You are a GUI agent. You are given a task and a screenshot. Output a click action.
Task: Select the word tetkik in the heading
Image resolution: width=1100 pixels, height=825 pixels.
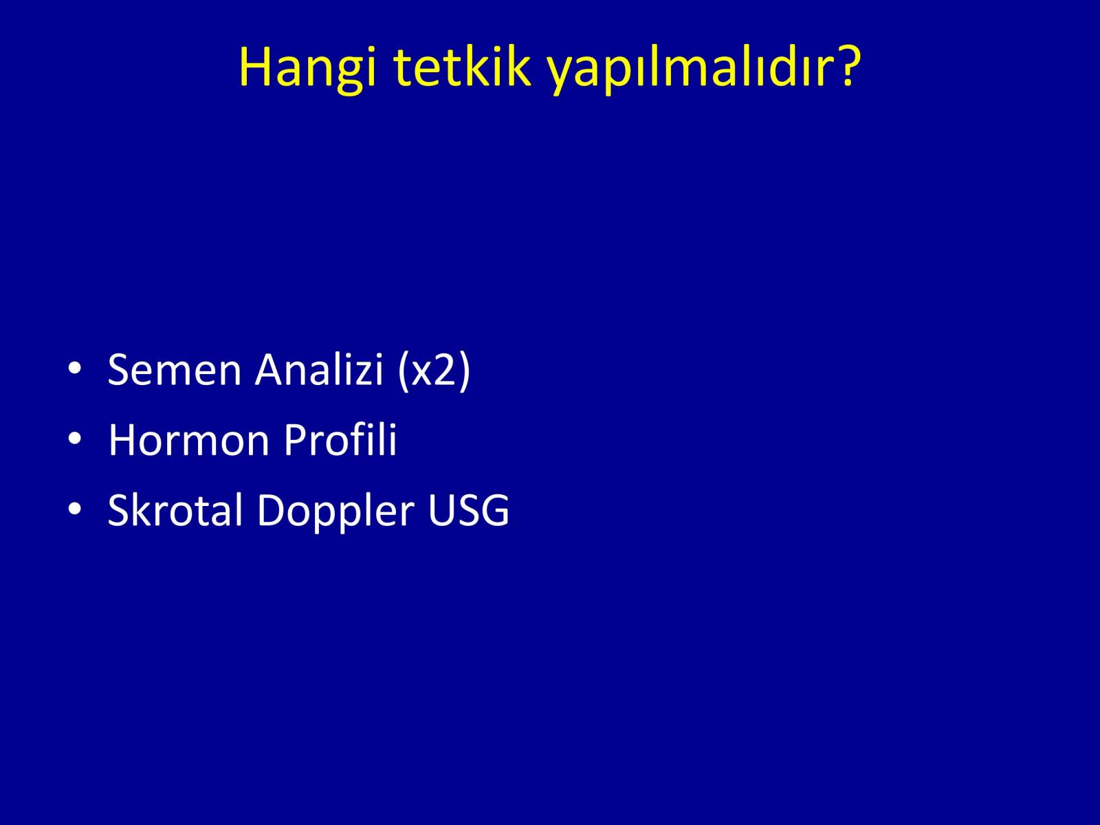461,67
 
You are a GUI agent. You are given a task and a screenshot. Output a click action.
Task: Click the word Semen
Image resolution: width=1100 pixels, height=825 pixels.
175,370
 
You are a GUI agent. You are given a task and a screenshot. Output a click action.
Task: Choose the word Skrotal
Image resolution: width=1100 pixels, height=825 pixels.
175,509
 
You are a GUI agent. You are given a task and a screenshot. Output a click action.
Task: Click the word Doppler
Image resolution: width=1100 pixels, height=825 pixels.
335,513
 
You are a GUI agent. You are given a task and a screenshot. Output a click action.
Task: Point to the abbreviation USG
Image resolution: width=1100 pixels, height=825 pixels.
469,510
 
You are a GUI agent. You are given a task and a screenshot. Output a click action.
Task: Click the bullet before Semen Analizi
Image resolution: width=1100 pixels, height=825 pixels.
75,368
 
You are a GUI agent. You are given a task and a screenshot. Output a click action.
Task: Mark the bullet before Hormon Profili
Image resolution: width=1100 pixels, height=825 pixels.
75,439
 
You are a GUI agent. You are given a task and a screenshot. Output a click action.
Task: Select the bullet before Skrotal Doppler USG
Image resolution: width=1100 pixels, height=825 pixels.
75,509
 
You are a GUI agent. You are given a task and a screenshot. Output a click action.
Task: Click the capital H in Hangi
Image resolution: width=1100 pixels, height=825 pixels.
255,67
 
